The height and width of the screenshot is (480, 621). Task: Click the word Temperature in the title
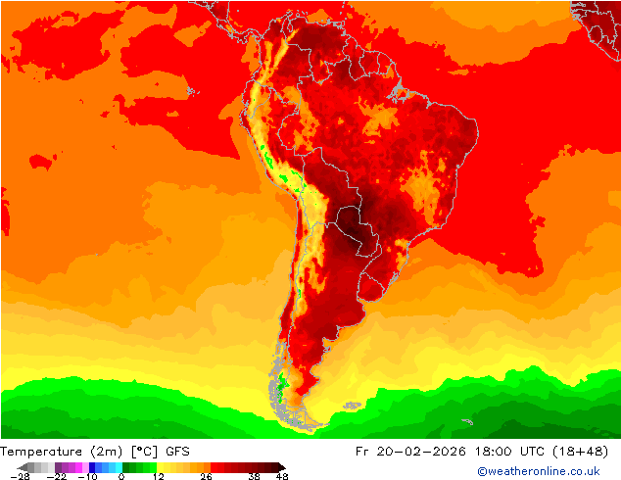tap(39, 452)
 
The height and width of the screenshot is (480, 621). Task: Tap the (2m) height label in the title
tap(102, 452)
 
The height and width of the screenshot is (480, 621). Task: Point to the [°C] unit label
tap(142, 452)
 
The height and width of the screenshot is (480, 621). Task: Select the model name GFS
tap(177, 452)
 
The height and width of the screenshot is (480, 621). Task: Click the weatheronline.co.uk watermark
tap(538, 472)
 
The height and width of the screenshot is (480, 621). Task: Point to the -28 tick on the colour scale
tap(19, 477)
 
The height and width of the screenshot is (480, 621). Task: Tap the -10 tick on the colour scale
tap(87, 477)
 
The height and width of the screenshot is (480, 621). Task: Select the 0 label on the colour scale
tap(121, 477)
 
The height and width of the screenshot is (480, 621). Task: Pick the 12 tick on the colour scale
tap(157, 477)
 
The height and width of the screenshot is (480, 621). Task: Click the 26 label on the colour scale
tap(206, 477)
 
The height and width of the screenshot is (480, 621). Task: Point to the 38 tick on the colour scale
tap(254, 477)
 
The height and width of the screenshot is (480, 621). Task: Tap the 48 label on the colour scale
tap(282, 477)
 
